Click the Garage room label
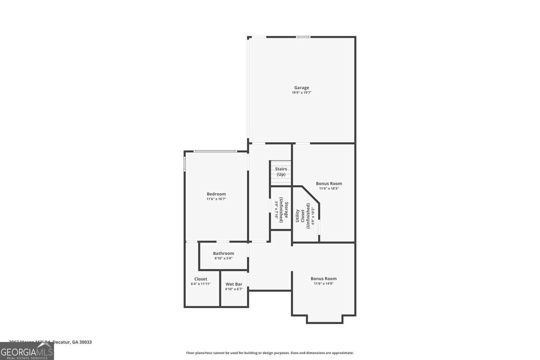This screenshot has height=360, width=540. [x=301, y=87]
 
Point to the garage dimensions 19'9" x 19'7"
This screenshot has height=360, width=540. [x=301, y=93]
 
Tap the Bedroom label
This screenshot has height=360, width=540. [x=216, y=194]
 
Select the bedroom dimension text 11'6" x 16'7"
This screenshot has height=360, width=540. [x=216, y=199]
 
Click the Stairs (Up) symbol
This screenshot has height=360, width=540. [x=281, y=172]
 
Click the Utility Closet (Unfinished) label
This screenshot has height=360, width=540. [x=302, y=216]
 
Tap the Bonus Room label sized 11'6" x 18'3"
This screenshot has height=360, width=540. [x=329, y=184]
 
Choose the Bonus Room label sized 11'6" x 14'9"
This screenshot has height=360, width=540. [x=324, y=279]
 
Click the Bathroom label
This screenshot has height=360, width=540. [x=223, y=253]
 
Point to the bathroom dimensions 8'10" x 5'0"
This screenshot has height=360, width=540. [x=223, y=258]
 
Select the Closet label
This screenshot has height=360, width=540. [x=201, y=279]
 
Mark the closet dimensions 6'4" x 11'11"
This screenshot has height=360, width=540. [x=201, y=284]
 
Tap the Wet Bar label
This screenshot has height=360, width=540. [x=234, y=284]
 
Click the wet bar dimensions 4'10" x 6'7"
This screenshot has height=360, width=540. [x=234, y=289]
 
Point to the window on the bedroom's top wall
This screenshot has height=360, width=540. [x=215, y=151]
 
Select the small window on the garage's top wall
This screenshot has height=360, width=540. [x=303, y=37]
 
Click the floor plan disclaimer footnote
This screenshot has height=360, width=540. [x=270, y=353]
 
